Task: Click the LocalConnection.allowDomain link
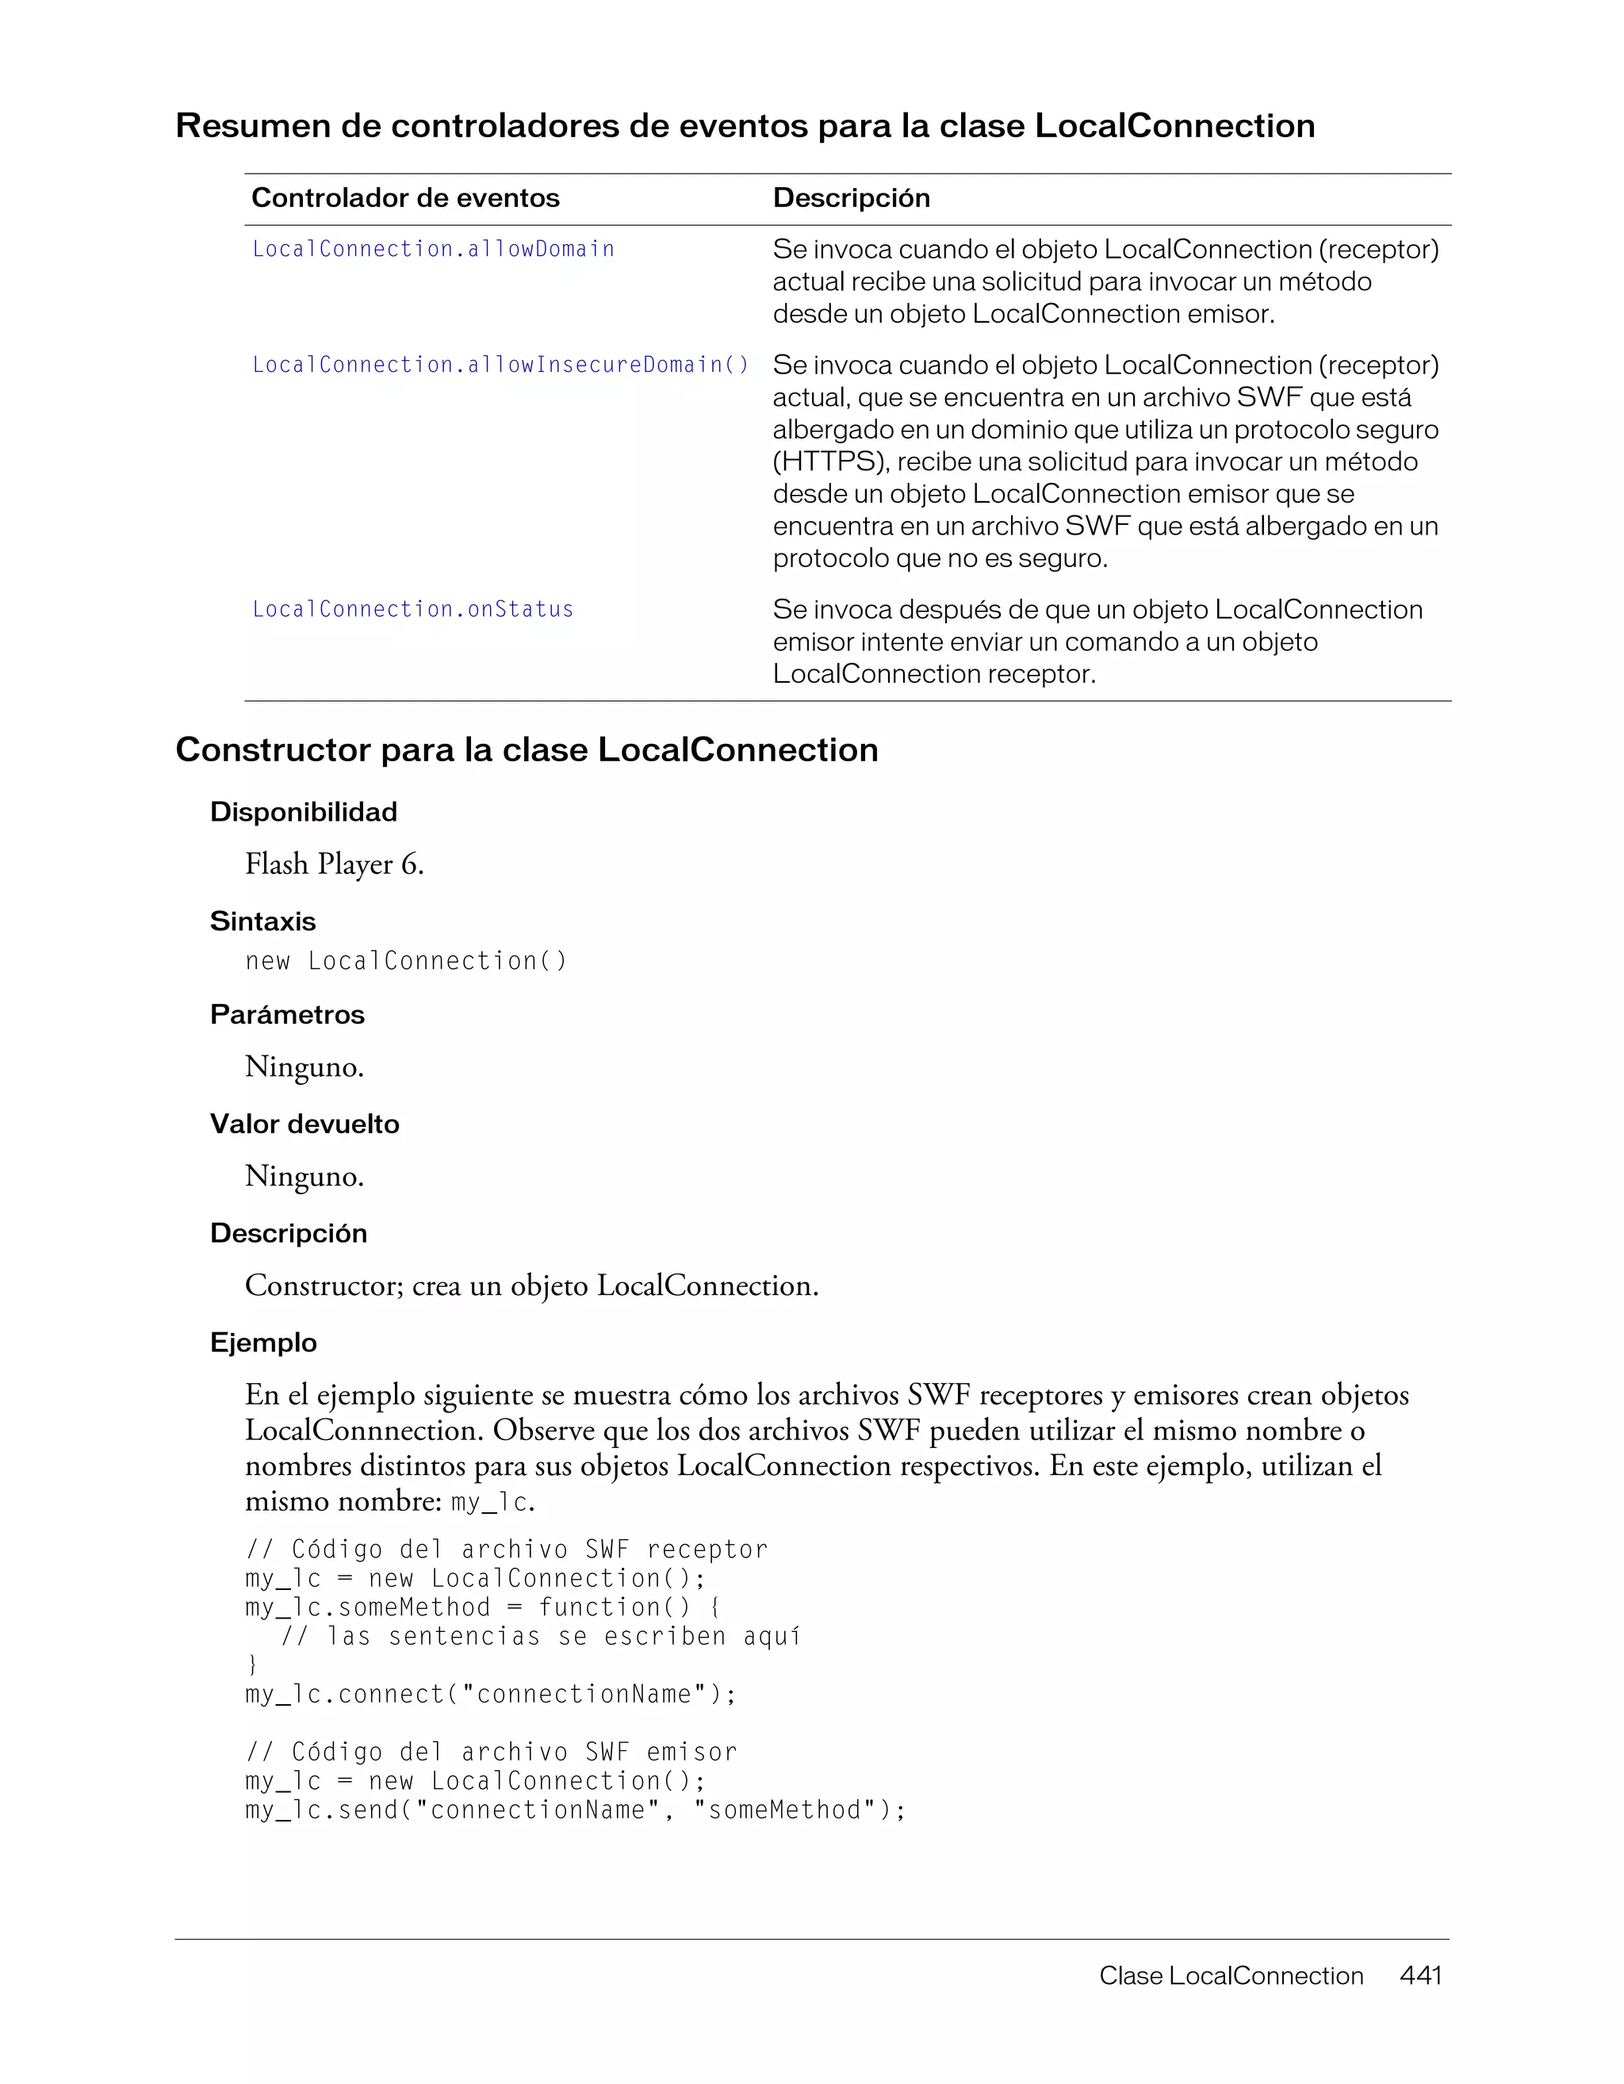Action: pyautogui.click(x=433, y=249)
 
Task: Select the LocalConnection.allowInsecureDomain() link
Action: pyautogui.click(x=501, y=365)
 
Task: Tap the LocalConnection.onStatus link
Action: pyautogui.click(x=413, y=609)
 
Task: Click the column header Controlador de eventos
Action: pyautogui.click(x=405, y=197)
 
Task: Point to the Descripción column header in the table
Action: pyautogui.click(x=851, y=197)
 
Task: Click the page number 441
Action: pyautogui.click(x=1419, y=1975)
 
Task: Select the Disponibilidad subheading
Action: pyautogui.click(x=304, y=812)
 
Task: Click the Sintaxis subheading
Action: pyautogui.click(x=262, y=921)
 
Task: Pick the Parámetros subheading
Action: pyautogui.click(x=287, y=1014)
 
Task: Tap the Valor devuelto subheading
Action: pyautogui.click(x=304, y=1124)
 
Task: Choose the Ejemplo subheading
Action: pyautogui.click(x=263, y=1343)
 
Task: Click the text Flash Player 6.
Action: pyautogui.click(x=334, y=864)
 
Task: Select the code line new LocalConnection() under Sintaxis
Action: pyautogui.click(x=405, y=961)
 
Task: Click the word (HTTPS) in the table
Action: pyautogui.click(x=831, y=462)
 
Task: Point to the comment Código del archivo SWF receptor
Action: pyautogui.click(x=507, y=1549)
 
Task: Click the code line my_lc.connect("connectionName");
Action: pyautogui.click(x=490, y=1694)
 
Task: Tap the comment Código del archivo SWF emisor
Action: pyautogui.click(x=492, y=1752)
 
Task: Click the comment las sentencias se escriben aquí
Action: pyautogui.click(x=541, y=1637)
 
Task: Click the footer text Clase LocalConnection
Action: pyautogui.click(x=1231, y=1975)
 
